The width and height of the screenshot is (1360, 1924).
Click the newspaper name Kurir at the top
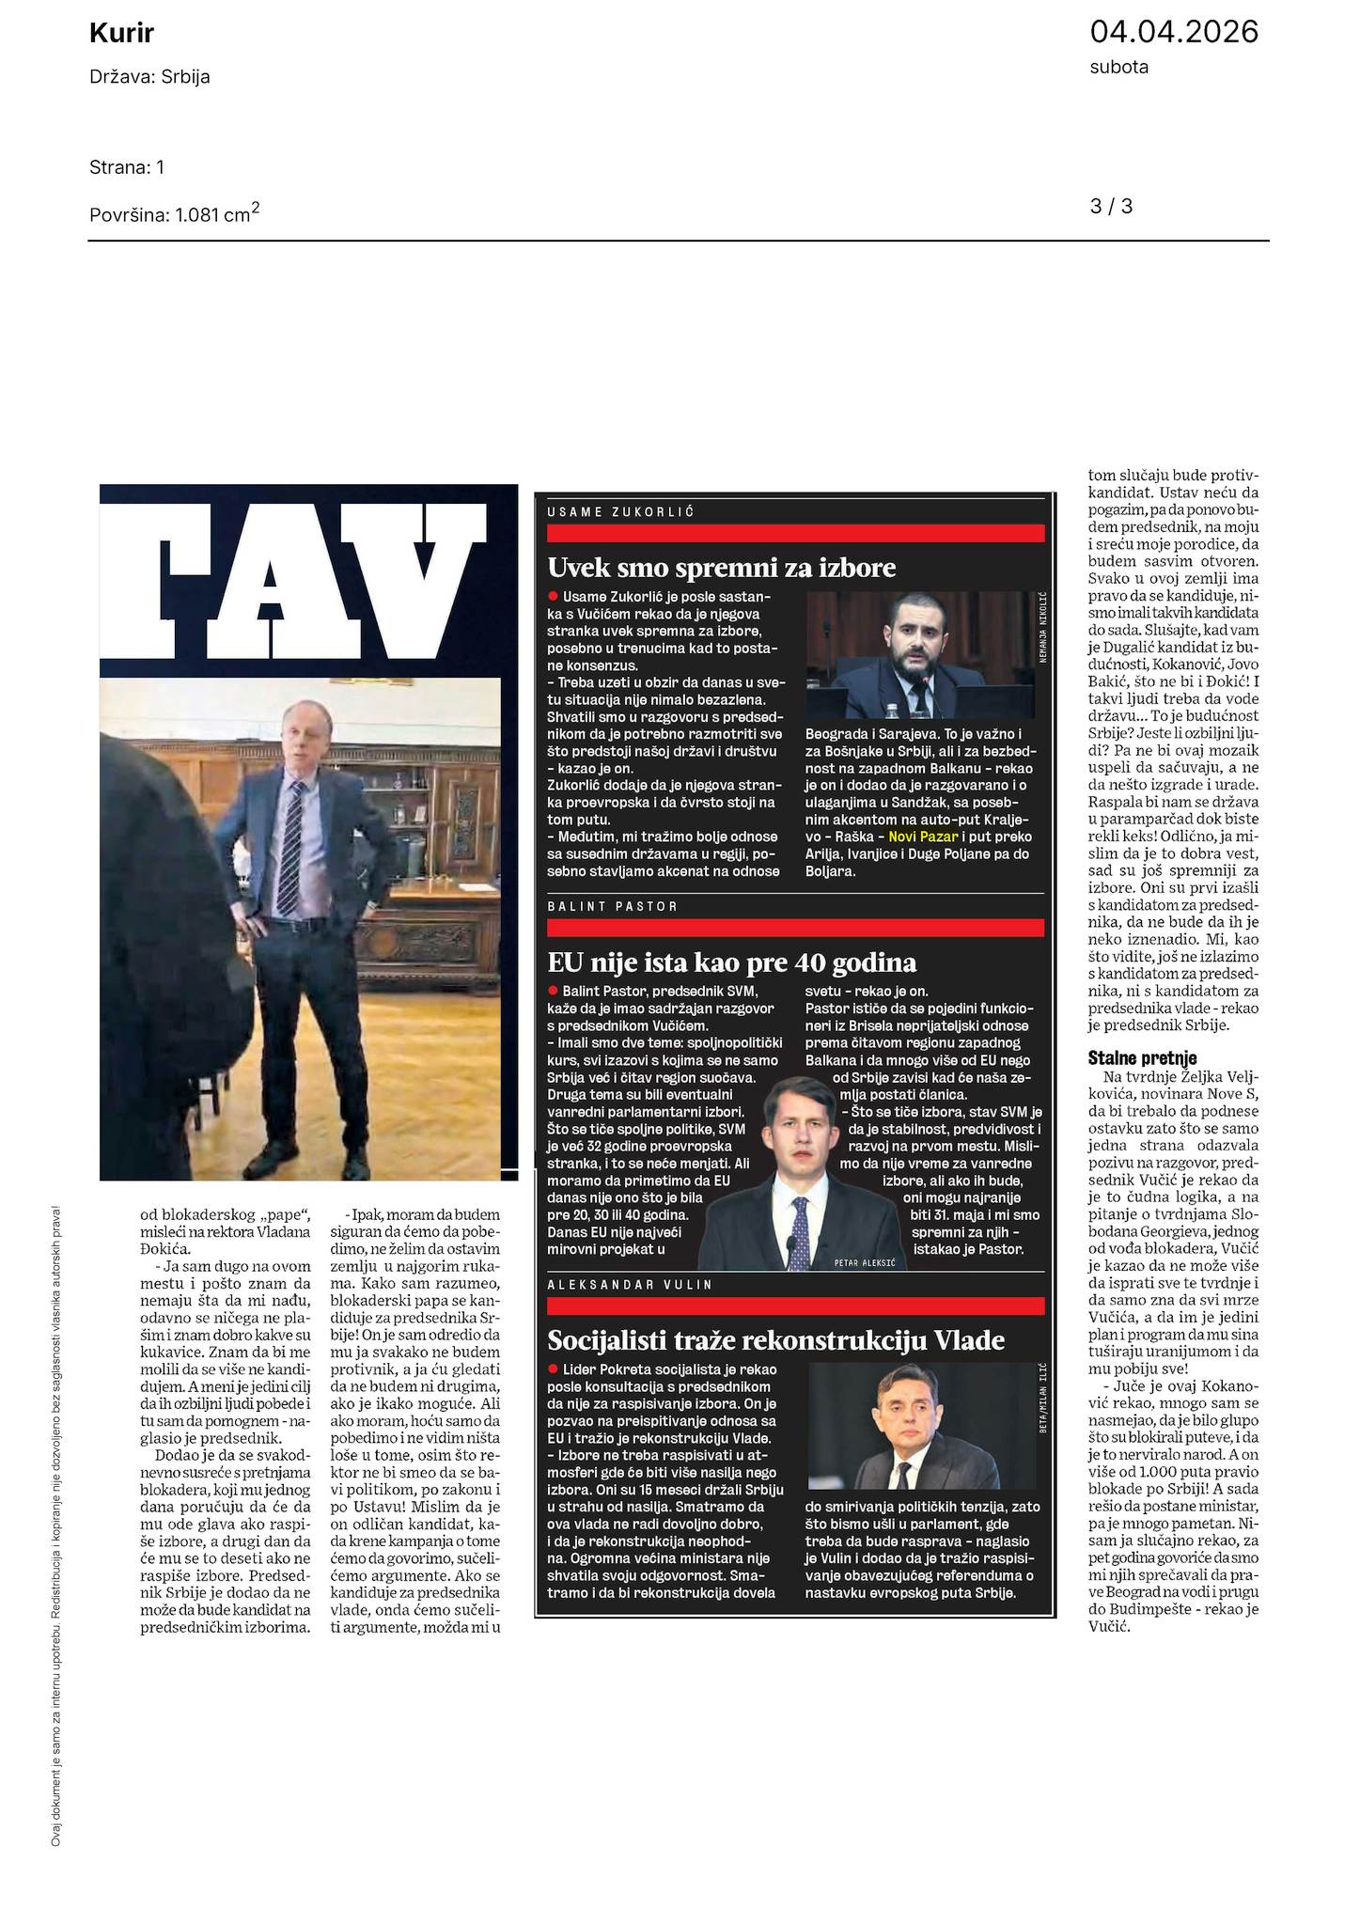121,35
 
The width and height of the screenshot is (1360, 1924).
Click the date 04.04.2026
1173,33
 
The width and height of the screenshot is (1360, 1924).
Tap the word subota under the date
1118,68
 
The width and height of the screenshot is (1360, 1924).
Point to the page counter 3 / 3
1111,206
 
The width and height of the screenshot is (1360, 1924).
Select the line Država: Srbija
149,77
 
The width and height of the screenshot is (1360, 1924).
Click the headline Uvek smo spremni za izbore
722,568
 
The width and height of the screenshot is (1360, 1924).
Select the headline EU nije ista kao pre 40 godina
731,962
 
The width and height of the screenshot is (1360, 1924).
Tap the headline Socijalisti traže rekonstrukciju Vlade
775,1339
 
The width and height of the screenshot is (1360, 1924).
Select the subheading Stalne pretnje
1142,1058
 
